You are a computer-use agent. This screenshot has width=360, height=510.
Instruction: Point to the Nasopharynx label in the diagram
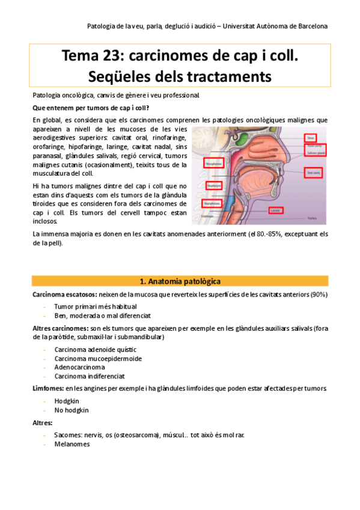coord(215,162)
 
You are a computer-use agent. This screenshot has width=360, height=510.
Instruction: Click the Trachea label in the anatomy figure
coord(312,218)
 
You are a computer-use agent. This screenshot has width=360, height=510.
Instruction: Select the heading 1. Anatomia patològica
coord(180,281)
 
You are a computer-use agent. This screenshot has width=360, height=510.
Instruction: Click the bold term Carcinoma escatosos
coord(61,293)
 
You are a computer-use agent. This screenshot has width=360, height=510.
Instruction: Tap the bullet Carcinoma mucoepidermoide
coord(98,358)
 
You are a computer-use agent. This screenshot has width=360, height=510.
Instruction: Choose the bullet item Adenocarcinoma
coord(79,367)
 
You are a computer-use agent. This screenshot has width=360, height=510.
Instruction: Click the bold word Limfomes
coord(47,389)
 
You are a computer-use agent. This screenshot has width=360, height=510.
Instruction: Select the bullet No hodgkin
coord(71,410)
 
